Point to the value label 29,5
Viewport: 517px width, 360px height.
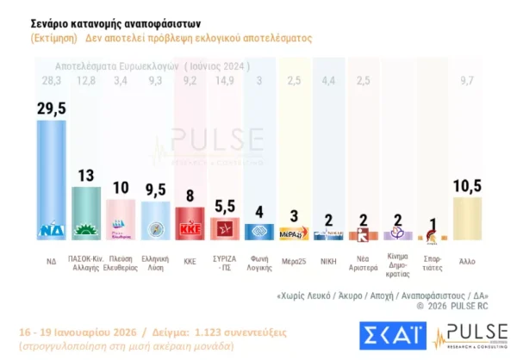(53, 107)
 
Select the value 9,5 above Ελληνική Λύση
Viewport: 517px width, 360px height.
(156, 189)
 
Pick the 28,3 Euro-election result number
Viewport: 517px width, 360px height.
(53, 80)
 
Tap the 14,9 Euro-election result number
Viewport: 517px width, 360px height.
(225, 80)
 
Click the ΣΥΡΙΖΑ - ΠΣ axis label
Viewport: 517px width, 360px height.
(225, 263)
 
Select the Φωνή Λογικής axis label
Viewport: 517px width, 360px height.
(259, 263)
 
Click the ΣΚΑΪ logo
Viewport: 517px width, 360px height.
(390, 338)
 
